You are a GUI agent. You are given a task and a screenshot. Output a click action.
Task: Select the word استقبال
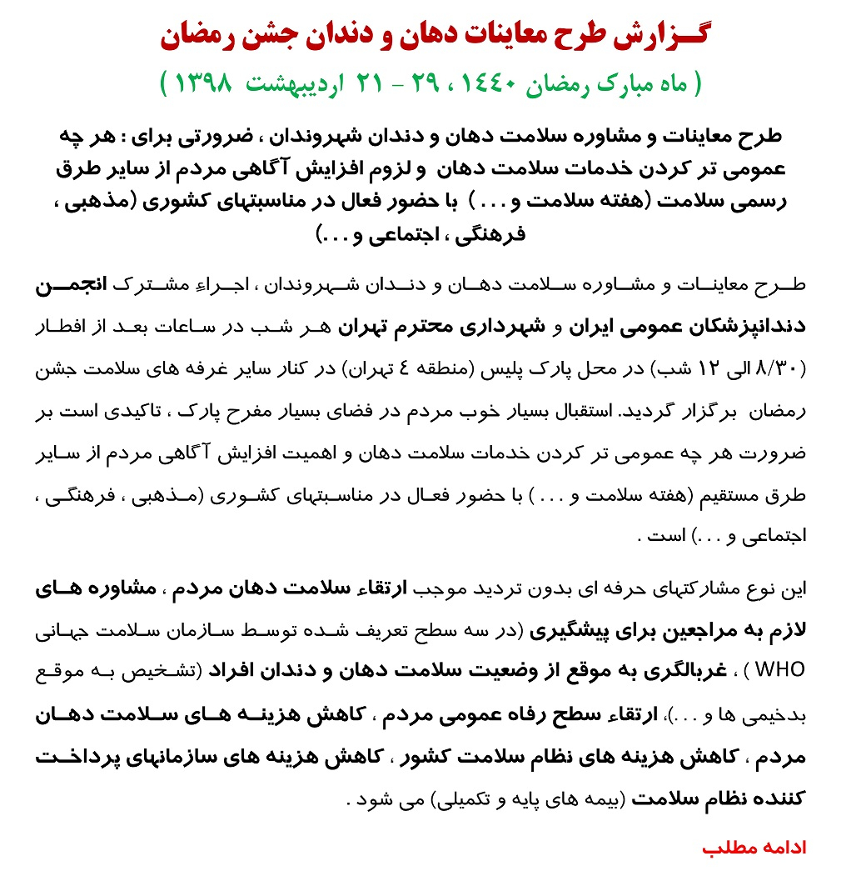(x=582, y=412)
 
